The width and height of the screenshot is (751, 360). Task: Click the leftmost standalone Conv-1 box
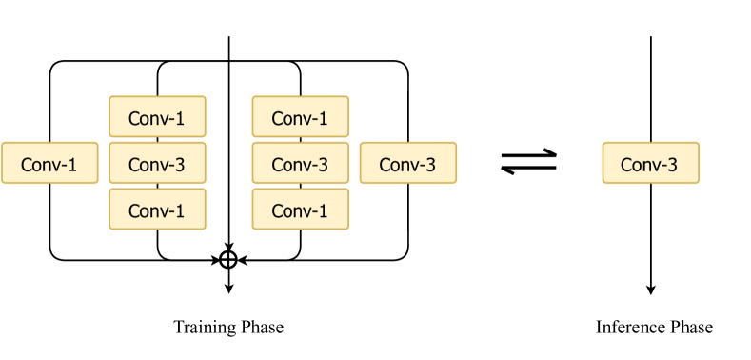(x=49, y=164)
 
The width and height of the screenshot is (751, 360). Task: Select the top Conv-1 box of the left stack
(x=157, y=118)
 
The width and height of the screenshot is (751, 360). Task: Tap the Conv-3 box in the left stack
(x=157, y=164)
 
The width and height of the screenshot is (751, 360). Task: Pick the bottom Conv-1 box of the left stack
(x=157, y=210)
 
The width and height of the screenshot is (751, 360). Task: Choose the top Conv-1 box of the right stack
(x=300, y=118)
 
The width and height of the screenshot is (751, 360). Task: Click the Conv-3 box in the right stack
(x=300, y=164)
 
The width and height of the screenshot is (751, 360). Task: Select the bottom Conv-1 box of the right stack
(x=300, y=210)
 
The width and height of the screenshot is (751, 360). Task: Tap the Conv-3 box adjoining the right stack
(x=407, y=164)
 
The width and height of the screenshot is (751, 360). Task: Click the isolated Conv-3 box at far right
(x=650, y=164)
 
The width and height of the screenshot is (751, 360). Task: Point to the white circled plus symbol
(x=228, y=259)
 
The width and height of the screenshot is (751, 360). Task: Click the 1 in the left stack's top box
(x=179, y=119)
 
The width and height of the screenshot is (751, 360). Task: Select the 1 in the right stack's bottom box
(x=322, y=211)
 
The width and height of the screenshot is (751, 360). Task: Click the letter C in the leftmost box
(x=27, y=165)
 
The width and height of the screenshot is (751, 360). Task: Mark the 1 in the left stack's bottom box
(x=179, y=211)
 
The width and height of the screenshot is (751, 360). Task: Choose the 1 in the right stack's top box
(x=322, y=119)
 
